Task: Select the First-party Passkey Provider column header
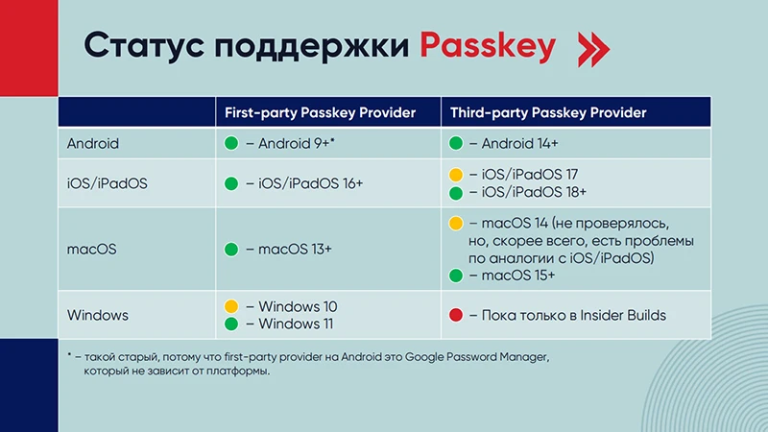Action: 320,112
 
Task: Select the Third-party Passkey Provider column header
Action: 548,112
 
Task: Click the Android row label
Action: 93,144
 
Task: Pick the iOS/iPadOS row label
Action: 108,183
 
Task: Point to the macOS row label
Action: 91,250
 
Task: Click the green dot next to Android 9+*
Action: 231,144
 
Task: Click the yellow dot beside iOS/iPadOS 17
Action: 457,175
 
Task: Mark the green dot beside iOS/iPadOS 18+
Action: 457,192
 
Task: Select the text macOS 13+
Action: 295,250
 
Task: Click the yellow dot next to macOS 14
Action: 457,224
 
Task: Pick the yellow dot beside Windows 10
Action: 231,306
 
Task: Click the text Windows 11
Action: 298,324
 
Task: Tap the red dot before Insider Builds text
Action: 457,315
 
